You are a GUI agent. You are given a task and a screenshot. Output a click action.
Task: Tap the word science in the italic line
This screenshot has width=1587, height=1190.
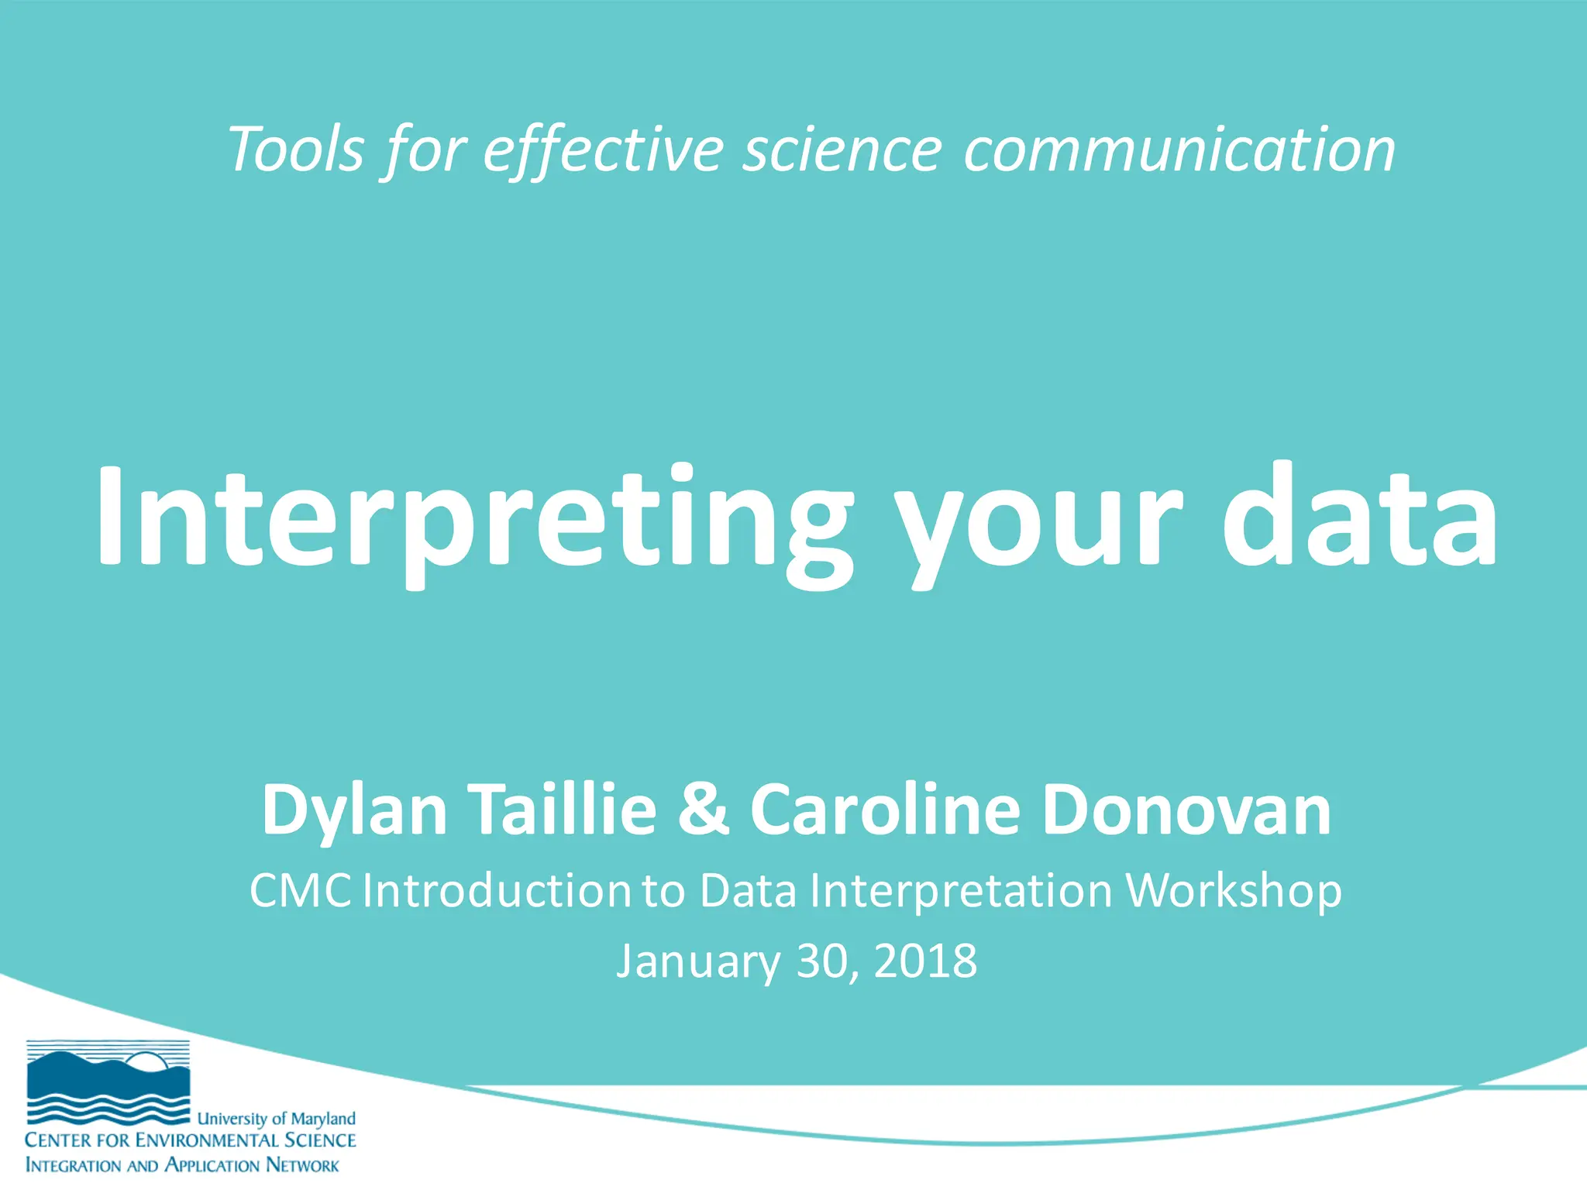click(842, 149)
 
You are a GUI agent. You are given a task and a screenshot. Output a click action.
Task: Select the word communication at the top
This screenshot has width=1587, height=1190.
click(1179, 149)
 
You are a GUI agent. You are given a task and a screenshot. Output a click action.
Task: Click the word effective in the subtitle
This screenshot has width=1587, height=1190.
click(604, 149)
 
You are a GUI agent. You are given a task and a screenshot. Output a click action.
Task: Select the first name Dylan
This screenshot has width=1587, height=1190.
click(355, 810)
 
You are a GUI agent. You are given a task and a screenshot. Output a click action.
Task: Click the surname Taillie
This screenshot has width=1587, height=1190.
click(564, 809)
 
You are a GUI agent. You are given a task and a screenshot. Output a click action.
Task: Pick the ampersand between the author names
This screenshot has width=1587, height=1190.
click(703, 809)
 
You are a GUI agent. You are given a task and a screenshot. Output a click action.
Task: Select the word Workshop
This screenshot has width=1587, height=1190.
click(1234, 892)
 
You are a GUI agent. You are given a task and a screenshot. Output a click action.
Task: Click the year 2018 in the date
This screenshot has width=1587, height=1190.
click(925, 961)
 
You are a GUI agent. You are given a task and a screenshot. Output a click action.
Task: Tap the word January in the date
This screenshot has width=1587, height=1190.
click(697, 962)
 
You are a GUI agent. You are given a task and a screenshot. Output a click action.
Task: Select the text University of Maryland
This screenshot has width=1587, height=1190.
click(277, 1119)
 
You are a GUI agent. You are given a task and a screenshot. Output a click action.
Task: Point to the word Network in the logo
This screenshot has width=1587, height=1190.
click(302, 1165)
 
